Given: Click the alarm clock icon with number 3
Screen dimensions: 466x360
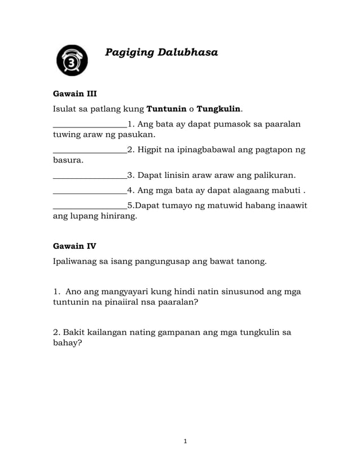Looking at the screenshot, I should point(72,60).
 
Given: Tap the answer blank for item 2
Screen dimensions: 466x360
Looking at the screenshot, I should point(89,151).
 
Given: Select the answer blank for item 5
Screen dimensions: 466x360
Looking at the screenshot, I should point(89,206).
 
